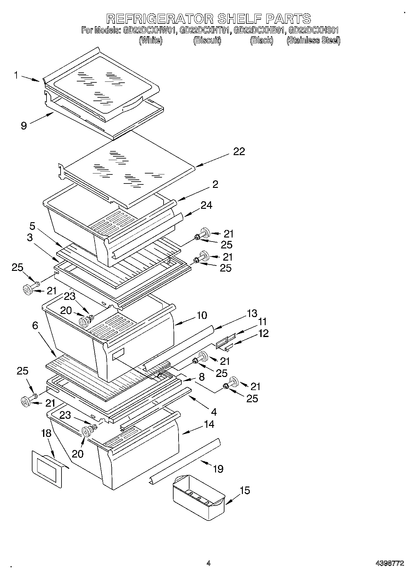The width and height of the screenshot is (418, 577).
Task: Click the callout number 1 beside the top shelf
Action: tap(16, 75)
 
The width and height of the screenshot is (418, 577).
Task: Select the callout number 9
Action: tap(24, 125)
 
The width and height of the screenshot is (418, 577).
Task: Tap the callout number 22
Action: tap(239, 152)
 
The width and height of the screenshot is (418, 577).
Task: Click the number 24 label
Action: tap(206, 205)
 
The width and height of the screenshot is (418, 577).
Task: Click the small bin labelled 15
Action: tap(198, 500)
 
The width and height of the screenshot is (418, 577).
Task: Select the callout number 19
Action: tap(218, 469)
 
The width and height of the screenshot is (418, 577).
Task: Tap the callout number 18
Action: tap(46, 433)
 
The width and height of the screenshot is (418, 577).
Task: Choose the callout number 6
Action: tap(35, 326)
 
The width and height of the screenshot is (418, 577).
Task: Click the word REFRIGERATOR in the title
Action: tap(160, 18)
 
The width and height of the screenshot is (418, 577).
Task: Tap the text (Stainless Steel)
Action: tap(313, 41)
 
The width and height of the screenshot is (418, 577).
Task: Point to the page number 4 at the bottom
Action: tap(208, 563)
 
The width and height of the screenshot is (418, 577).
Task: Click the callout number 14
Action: tap(209, 424)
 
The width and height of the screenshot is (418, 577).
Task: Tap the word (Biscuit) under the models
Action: tap(207, 41)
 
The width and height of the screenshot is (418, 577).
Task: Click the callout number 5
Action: tap(33, 226)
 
